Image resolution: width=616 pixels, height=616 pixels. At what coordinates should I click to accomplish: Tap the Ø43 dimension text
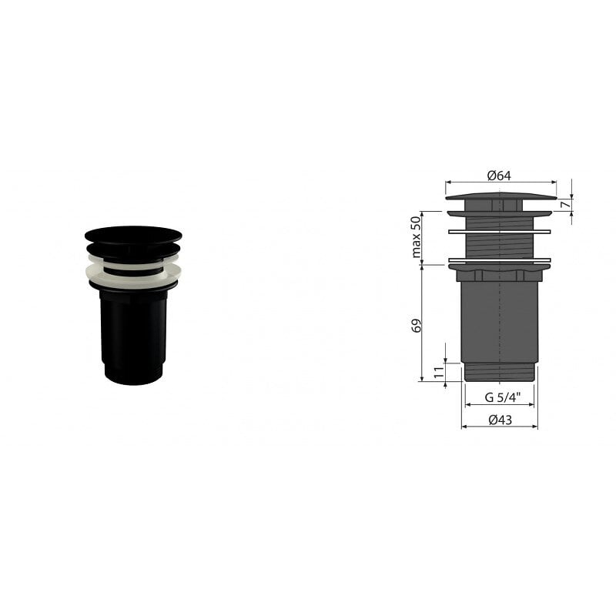click(500, 420)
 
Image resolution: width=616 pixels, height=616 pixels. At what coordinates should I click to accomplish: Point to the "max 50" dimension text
click(417, 237)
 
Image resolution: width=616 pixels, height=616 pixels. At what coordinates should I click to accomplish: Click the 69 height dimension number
click(417, 324)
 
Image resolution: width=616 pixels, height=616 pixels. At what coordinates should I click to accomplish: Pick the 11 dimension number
click(438, 372)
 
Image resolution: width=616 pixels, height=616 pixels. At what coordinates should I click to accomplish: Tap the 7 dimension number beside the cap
click(564, 205)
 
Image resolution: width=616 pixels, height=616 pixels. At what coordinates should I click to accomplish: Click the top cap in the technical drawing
click(500, 196)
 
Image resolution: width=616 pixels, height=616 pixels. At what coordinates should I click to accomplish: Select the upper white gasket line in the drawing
click(499, 232)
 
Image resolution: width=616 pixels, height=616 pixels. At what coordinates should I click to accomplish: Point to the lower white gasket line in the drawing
click(499, 260)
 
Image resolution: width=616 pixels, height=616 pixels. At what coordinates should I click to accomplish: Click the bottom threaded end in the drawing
click(499, 372)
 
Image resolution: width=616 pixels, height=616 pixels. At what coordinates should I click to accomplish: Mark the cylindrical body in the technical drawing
click(499, 320)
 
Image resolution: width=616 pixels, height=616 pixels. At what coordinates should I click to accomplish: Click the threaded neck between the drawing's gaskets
click(499, 246)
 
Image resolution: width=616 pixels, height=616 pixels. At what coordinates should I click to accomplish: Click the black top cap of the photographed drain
click(133, 234)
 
